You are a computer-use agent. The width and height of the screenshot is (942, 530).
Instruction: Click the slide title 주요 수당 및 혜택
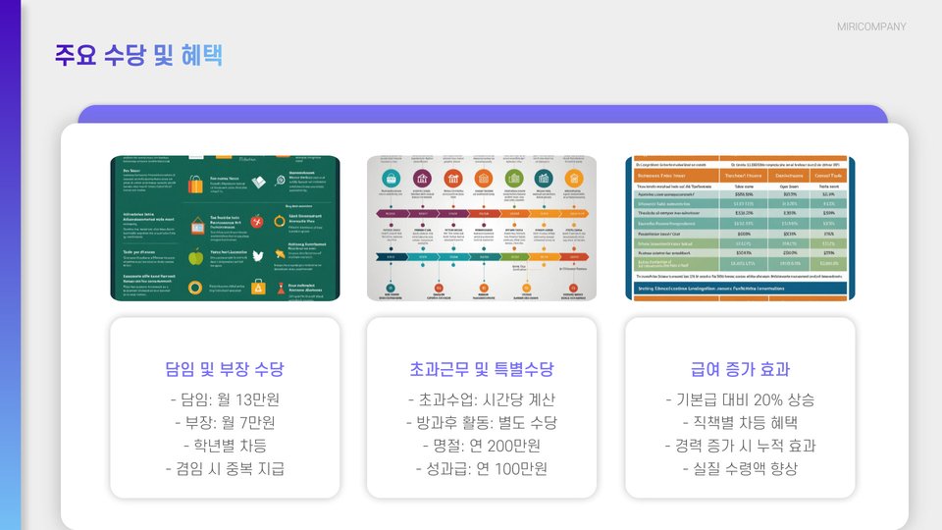click(138, 55)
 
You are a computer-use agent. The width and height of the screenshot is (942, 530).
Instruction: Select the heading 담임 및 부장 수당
click(225, 370)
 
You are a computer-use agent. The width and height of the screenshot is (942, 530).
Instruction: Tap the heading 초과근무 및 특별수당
click(481, 370)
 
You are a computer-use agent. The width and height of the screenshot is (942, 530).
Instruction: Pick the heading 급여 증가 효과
click(740, 370)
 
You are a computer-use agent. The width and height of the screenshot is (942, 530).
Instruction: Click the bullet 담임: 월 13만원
click(225, 400)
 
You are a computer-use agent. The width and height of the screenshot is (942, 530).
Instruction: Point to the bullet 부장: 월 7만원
click(225, 423)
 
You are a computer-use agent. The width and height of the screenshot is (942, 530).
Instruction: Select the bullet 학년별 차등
click(225, 446)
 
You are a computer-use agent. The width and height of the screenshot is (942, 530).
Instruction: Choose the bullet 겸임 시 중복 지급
click(225, 468)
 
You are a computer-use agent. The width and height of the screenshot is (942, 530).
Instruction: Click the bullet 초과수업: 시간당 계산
click(481, 400)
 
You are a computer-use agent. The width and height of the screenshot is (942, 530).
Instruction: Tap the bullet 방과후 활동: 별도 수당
click(481, 423)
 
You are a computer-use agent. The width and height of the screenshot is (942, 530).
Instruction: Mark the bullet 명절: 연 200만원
click(481, 446)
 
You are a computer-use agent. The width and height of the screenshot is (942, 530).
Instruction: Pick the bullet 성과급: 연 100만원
click(481, 468)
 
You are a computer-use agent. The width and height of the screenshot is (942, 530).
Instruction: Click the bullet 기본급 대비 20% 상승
click(740, 400)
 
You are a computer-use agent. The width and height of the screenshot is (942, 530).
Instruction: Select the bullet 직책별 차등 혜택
click(740, 423)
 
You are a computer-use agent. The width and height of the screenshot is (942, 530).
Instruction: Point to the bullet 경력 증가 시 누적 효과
click(740, 446)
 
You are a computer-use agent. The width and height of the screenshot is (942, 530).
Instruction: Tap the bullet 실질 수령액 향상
click(740, 468)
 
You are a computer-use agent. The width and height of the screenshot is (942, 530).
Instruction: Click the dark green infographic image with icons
click(225, 228)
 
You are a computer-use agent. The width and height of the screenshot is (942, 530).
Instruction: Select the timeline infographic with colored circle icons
click(481, 228)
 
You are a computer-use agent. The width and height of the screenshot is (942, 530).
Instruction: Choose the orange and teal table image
click(740, 228)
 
